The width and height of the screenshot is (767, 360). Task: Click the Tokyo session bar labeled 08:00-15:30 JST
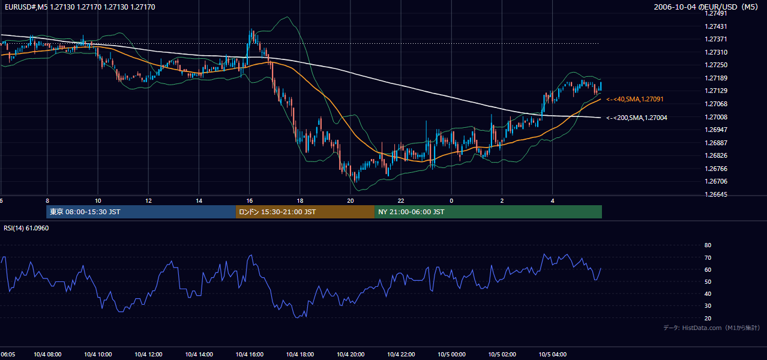[141, 212]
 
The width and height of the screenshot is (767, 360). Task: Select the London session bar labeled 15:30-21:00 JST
[305, 212]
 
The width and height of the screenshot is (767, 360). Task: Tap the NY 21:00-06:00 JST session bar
[489, 212]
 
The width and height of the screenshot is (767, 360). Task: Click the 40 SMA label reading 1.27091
[635, 99]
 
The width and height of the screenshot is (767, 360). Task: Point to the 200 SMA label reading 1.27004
[637, 118]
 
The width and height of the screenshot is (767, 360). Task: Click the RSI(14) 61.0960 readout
[26, 228]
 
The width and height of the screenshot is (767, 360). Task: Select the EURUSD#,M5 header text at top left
[80, 7]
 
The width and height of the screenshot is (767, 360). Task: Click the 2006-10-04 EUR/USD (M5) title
[706, 7]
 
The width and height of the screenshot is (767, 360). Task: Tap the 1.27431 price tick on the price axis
[715, 26]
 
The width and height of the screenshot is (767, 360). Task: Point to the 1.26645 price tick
[715, 194]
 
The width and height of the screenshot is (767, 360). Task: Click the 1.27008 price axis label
[715, 117]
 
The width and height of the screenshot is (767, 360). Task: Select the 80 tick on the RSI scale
[708, 245]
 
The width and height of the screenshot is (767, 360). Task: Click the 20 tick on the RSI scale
[708, 318]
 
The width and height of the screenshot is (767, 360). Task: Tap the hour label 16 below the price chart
[249, 201]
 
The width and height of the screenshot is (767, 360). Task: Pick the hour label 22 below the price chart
[401, 201]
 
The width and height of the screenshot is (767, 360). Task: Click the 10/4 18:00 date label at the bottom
[300, 355]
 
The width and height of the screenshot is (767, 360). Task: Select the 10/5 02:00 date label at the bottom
[502, 355]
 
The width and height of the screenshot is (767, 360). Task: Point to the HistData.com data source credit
[712, 328]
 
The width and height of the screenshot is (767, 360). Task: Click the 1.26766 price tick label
[715, 169]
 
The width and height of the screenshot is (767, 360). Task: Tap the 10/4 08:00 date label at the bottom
[47, 355]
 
